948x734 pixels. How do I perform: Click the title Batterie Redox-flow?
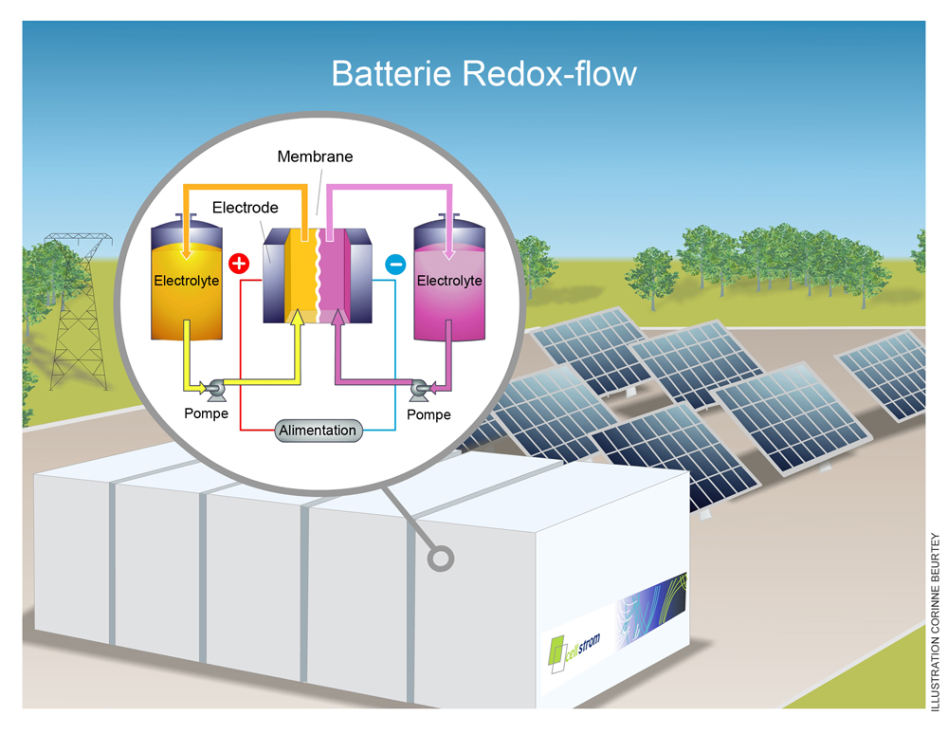[483, 73]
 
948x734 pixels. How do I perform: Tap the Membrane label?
[315, 156]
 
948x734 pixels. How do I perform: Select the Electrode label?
[245, 207]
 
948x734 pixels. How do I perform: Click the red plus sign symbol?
[239, 264]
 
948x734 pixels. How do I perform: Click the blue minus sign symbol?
[394, 265]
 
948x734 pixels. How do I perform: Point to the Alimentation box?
[319, 431]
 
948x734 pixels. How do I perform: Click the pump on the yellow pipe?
[216, 386]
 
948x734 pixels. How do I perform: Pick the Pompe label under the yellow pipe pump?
[206, 413]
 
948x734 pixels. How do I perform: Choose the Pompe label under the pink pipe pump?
[428, 414]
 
